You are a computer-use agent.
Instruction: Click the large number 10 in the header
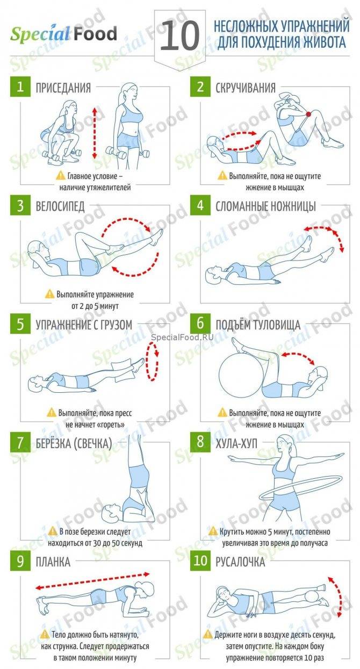[x=179, y=36]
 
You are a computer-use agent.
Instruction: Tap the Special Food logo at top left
[x=63, y=34]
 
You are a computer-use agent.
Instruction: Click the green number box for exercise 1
[x=20, y=87]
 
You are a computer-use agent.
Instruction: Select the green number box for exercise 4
[x=200, y=205]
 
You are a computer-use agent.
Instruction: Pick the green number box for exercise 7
[x=20, y=442]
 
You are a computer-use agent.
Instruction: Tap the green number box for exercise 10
[x=200, y=560]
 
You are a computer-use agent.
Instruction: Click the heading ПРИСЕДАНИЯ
[x=63, y=88]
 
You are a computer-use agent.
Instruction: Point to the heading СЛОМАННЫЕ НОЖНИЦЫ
[x=265, y=206]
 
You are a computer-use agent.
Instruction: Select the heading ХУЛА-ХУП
[x=236, y=443]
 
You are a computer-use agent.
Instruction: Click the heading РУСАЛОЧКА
[x=240, y=562]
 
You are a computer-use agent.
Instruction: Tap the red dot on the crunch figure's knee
[x=308, y=114]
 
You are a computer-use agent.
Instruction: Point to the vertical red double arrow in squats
[x=95, y=133]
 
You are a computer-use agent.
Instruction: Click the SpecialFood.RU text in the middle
[x=182, y=337]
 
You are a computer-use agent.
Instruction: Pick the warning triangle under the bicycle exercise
[x=49, y=294]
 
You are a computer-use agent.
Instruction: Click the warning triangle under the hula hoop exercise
[x=213, y=531]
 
